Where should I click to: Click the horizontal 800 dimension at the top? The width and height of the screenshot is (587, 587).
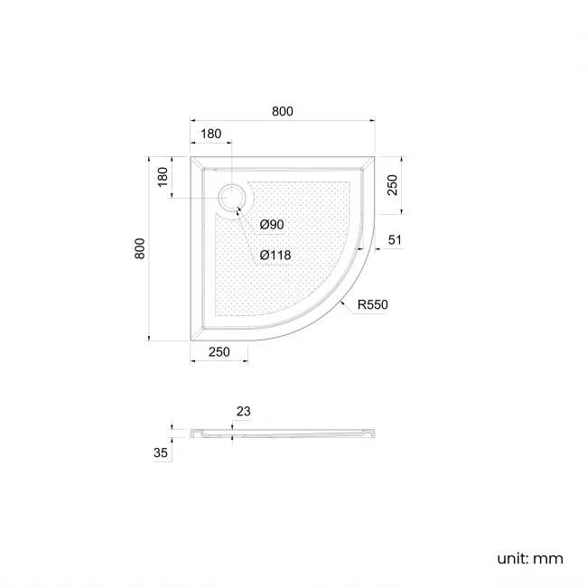pos(283,111)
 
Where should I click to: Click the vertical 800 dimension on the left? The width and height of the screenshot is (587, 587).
pos(140,248)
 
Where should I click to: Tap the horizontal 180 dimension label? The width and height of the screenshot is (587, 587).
pos(210,134)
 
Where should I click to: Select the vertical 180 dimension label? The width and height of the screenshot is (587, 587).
pos(163,176)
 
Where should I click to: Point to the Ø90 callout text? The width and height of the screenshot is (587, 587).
pos(272,224)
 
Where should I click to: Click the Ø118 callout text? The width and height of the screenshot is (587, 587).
pos(275,255)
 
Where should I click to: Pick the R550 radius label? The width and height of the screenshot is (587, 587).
pos(372,305)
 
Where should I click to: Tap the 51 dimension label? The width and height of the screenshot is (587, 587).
pos(395,239)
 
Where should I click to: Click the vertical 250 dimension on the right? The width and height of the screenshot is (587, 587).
pos(393,185)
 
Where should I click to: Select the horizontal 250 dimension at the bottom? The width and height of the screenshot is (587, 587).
pos(219,351)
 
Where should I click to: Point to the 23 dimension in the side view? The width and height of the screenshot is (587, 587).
pos(243,411)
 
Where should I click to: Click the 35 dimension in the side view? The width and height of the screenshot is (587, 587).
pos(161,453)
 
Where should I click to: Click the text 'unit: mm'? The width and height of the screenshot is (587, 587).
pos(530,558)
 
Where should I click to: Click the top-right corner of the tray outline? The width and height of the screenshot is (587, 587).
pos(375,155)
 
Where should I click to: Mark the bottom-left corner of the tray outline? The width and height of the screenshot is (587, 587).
pos(190,340)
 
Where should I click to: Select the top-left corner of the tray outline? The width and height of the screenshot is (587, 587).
pos(190,155)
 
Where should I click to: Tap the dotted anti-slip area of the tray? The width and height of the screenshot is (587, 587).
pos(289,244)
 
